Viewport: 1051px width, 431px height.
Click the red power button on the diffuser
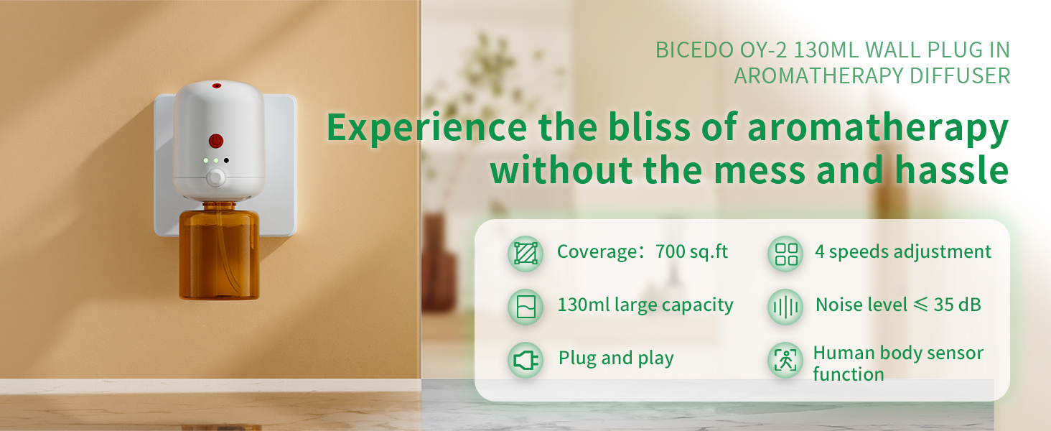click(216, 140)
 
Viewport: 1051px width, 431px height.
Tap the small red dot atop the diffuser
click(216, 86)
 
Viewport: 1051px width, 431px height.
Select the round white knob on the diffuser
click(215, 178)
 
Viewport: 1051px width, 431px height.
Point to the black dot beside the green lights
click(226, 161)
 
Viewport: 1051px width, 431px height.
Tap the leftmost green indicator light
click(206, 161)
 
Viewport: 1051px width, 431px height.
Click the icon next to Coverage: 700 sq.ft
click(525, 254)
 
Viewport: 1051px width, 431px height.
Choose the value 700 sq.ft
click(692, 252)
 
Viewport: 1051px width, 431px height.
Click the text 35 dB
click(958, 305)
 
